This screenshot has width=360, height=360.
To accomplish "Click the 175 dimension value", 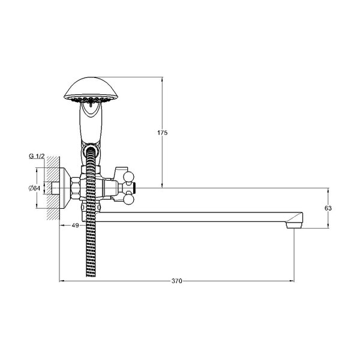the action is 163,133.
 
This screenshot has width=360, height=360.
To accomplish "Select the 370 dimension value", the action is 177,281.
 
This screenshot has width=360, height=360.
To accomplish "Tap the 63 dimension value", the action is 328,208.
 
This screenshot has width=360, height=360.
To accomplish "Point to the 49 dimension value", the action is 76,226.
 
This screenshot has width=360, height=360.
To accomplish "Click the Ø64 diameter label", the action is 34,188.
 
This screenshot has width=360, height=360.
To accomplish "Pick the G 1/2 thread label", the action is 36,157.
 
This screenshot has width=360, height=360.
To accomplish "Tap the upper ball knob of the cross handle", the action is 128,177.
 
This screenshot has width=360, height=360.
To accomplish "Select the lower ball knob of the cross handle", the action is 128,199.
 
